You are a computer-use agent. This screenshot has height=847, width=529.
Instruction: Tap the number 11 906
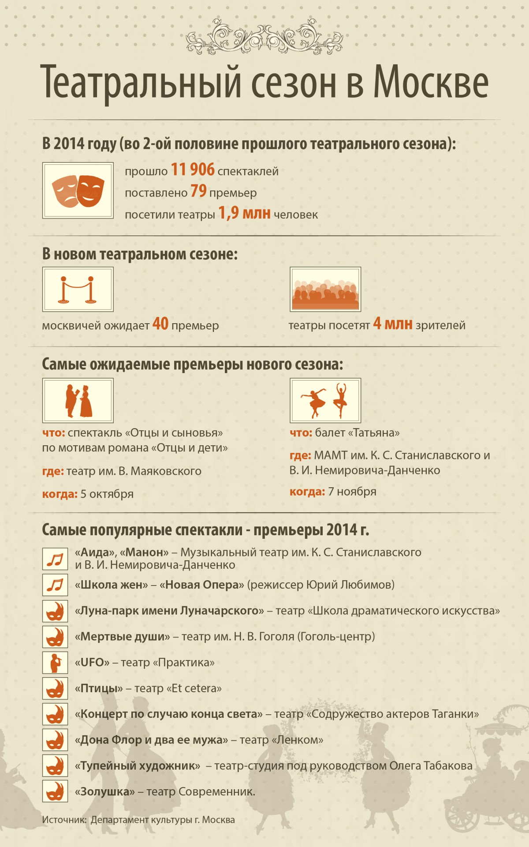pyautogui.click(x=193, y=170)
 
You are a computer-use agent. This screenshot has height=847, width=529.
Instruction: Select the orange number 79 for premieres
pyautogui.click(x=198, y=191)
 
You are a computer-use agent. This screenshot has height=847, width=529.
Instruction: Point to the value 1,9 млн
pyautogui.click(x=244, y=213)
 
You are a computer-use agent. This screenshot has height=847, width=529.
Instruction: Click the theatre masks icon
pyautogui.click(x=78, y=190)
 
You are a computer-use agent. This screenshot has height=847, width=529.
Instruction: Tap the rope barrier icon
pyautogui.click(x=78, y=290)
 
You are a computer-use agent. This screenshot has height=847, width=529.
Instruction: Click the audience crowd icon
pyautogui.click(x=325, y=290)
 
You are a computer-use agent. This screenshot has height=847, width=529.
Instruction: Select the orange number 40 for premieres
pyautogui.click(x=160, y=324)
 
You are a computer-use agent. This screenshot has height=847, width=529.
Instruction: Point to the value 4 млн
pyautogui.click(x=392, y=324)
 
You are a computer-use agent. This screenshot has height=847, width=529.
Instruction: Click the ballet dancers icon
pyautogui.click(x=325, y=400)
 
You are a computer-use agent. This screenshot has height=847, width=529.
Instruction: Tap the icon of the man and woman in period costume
pyautogui.click(x=78, y=400)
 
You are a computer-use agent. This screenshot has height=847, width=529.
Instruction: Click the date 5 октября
pyautogui.click(x=107, y=494)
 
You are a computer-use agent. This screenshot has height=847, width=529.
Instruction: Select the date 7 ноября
pyautogui.click(x=352, y=492)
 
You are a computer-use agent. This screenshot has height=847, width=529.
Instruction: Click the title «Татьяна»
pyautogui.click(x=374, y=433)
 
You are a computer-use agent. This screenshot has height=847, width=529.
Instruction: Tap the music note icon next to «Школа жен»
pyautogui.click(x=55, y=585)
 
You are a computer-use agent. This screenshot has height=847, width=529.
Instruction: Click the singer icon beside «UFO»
pyautogui.click(x=55, y=663)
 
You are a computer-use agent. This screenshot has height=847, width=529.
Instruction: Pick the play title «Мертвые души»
pyautogui.click(x=122, y=637)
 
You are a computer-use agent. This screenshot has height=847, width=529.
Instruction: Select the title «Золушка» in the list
pyautogui.click(x=105, y=792)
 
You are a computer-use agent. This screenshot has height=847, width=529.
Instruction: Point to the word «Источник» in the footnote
pyautogui.click(x=64, y=820)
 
